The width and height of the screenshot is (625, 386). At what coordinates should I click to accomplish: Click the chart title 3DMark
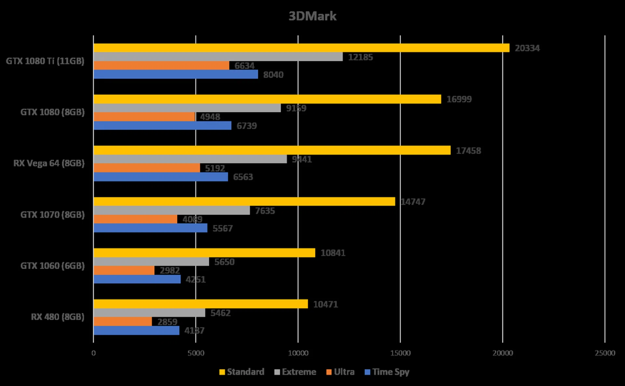pyautogui.click(x=312, y=16)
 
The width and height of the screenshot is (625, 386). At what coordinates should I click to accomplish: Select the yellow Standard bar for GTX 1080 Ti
pyautogui.click(x=301, y=48)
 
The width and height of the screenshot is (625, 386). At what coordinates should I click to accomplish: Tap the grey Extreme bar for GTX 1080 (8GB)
pyautogui.click(x=187, y=108)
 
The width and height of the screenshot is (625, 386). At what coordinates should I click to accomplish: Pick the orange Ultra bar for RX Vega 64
pyautogui.click(x=147, y=168)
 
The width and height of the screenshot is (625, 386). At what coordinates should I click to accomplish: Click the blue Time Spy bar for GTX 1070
pyautogui.click(x=150, y=228)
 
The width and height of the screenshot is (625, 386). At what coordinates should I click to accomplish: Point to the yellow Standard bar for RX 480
pyautogui.click(x=201, y=304)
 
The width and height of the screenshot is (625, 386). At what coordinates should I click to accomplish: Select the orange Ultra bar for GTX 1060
pyautogui.click(x=124, y=270)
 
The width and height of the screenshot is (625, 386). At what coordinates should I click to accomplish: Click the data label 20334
pyautogui.click(x=527, y=48)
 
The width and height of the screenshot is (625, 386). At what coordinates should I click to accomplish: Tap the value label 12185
pyautogui.click(x=360, y=57)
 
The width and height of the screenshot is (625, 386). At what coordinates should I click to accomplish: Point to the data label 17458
pyautogui.click(x=468, y=151)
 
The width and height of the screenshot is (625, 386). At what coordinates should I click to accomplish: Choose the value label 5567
pyautogui.click(x=223, y=228)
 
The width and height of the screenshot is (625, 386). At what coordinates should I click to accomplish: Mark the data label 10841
pyautogui.click(x=333, y=253)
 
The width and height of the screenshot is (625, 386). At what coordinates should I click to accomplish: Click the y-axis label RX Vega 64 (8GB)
pyautogui.click(x=49, y=163)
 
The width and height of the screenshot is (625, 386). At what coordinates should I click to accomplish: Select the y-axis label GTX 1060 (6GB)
pyautogui.click(x=52, y=266)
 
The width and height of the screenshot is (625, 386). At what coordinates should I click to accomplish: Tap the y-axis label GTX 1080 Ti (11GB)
pyautogui.click(x=45, y=61)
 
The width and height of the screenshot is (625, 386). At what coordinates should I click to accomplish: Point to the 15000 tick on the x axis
pyautogui.click(x=400, y=353)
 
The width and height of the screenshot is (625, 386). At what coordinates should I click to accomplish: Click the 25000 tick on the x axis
pyautogui.click(x=605, y=353)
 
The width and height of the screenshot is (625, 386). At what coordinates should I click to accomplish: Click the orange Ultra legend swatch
pyautogui.click(x=329, y=372)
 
